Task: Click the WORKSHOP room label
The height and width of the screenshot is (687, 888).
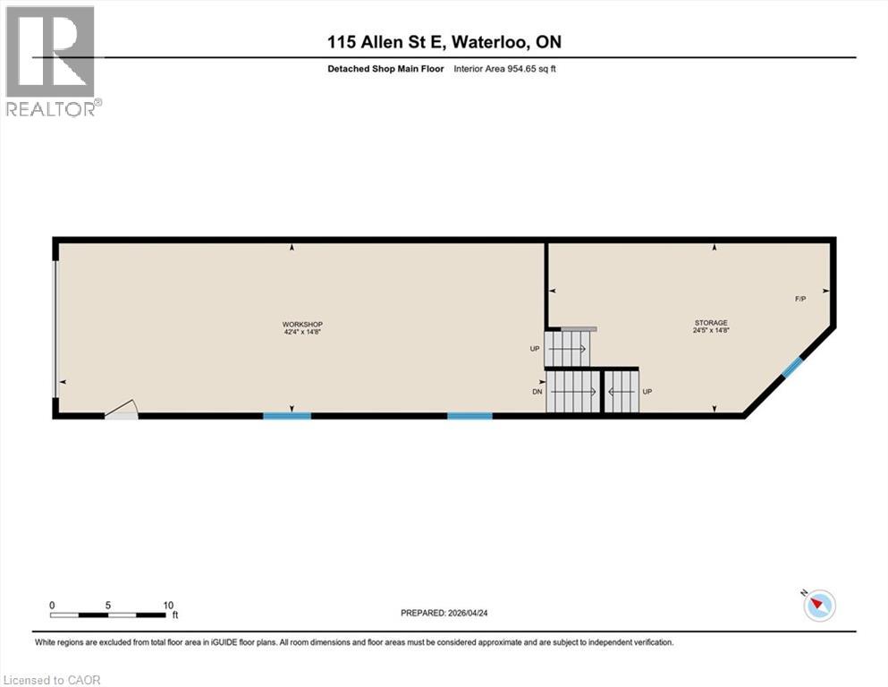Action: point(302,324)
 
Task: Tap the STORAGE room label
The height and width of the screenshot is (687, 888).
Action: point(712,323)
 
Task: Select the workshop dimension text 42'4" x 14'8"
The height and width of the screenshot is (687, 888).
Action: point(302,332)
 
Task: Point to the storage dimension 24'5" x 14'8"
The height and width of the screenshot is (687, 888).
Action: point(712,331)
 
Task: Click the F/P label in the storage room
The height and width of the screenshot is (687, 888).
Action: point(800,299)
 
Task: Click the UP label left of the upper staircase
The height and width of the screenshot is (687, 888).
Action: point(535,349)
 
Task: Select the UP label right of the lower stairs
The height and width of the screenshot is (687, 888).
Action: point(647,392)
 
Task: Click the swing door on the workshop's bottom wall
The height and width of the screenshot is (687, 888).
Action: point(122,411)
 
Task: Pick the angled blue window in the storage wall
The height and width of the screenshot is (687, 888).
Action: point(792,367)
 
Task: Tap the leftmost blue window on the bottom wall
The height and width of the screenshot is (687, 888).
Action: point(287,415)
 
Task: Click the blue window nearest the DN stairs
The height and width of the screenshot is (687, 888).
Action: point(469,415)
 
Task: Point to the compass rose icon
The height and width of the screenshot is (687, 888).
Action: point(818,606)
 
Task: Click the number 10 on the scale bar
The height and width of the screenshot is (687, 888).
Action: point(168,605)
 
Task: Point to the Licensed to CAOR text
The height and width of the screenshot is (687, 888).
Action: point(52,680)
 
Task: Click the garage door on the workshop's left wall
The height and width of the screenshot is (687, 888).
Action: point(56,327)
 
